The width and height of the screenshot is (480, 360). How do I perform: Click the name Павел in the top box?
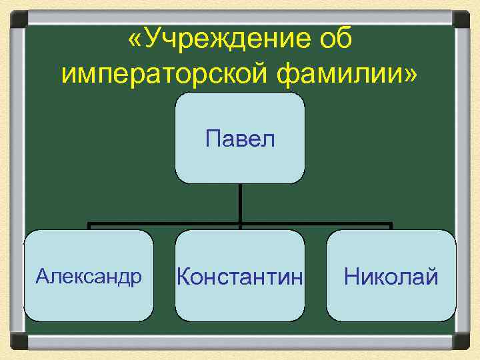point(240,139)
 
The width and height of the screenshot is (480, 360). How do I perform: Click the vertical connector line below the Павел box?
point(240,203)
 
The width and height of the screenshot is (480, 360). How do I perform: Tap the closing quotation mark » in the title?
point(409,75)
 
